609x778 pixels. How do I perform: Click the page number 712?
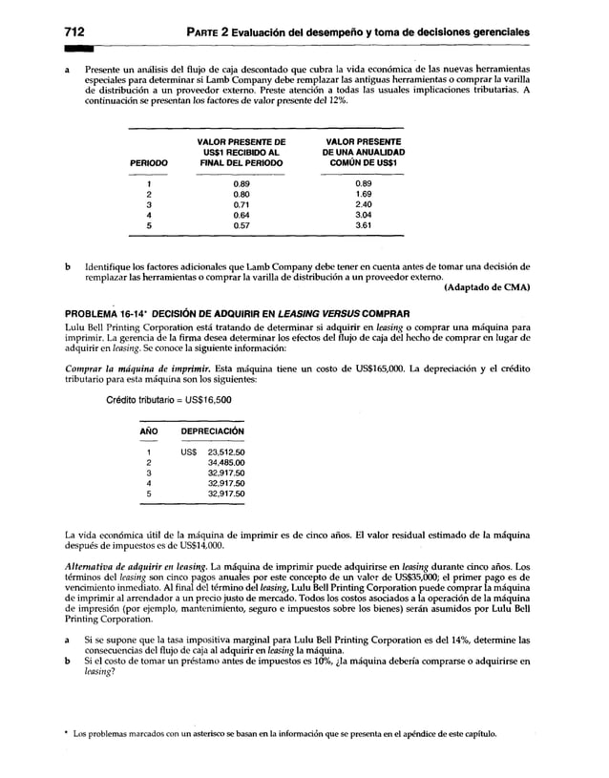click(x=75, y=32)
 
